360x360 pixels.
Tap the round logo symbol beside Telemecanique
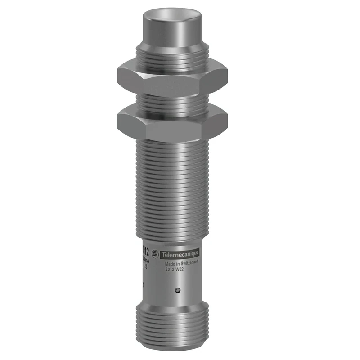click(156, 254)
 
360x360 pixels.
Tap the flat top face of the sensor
click(171, 11)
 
